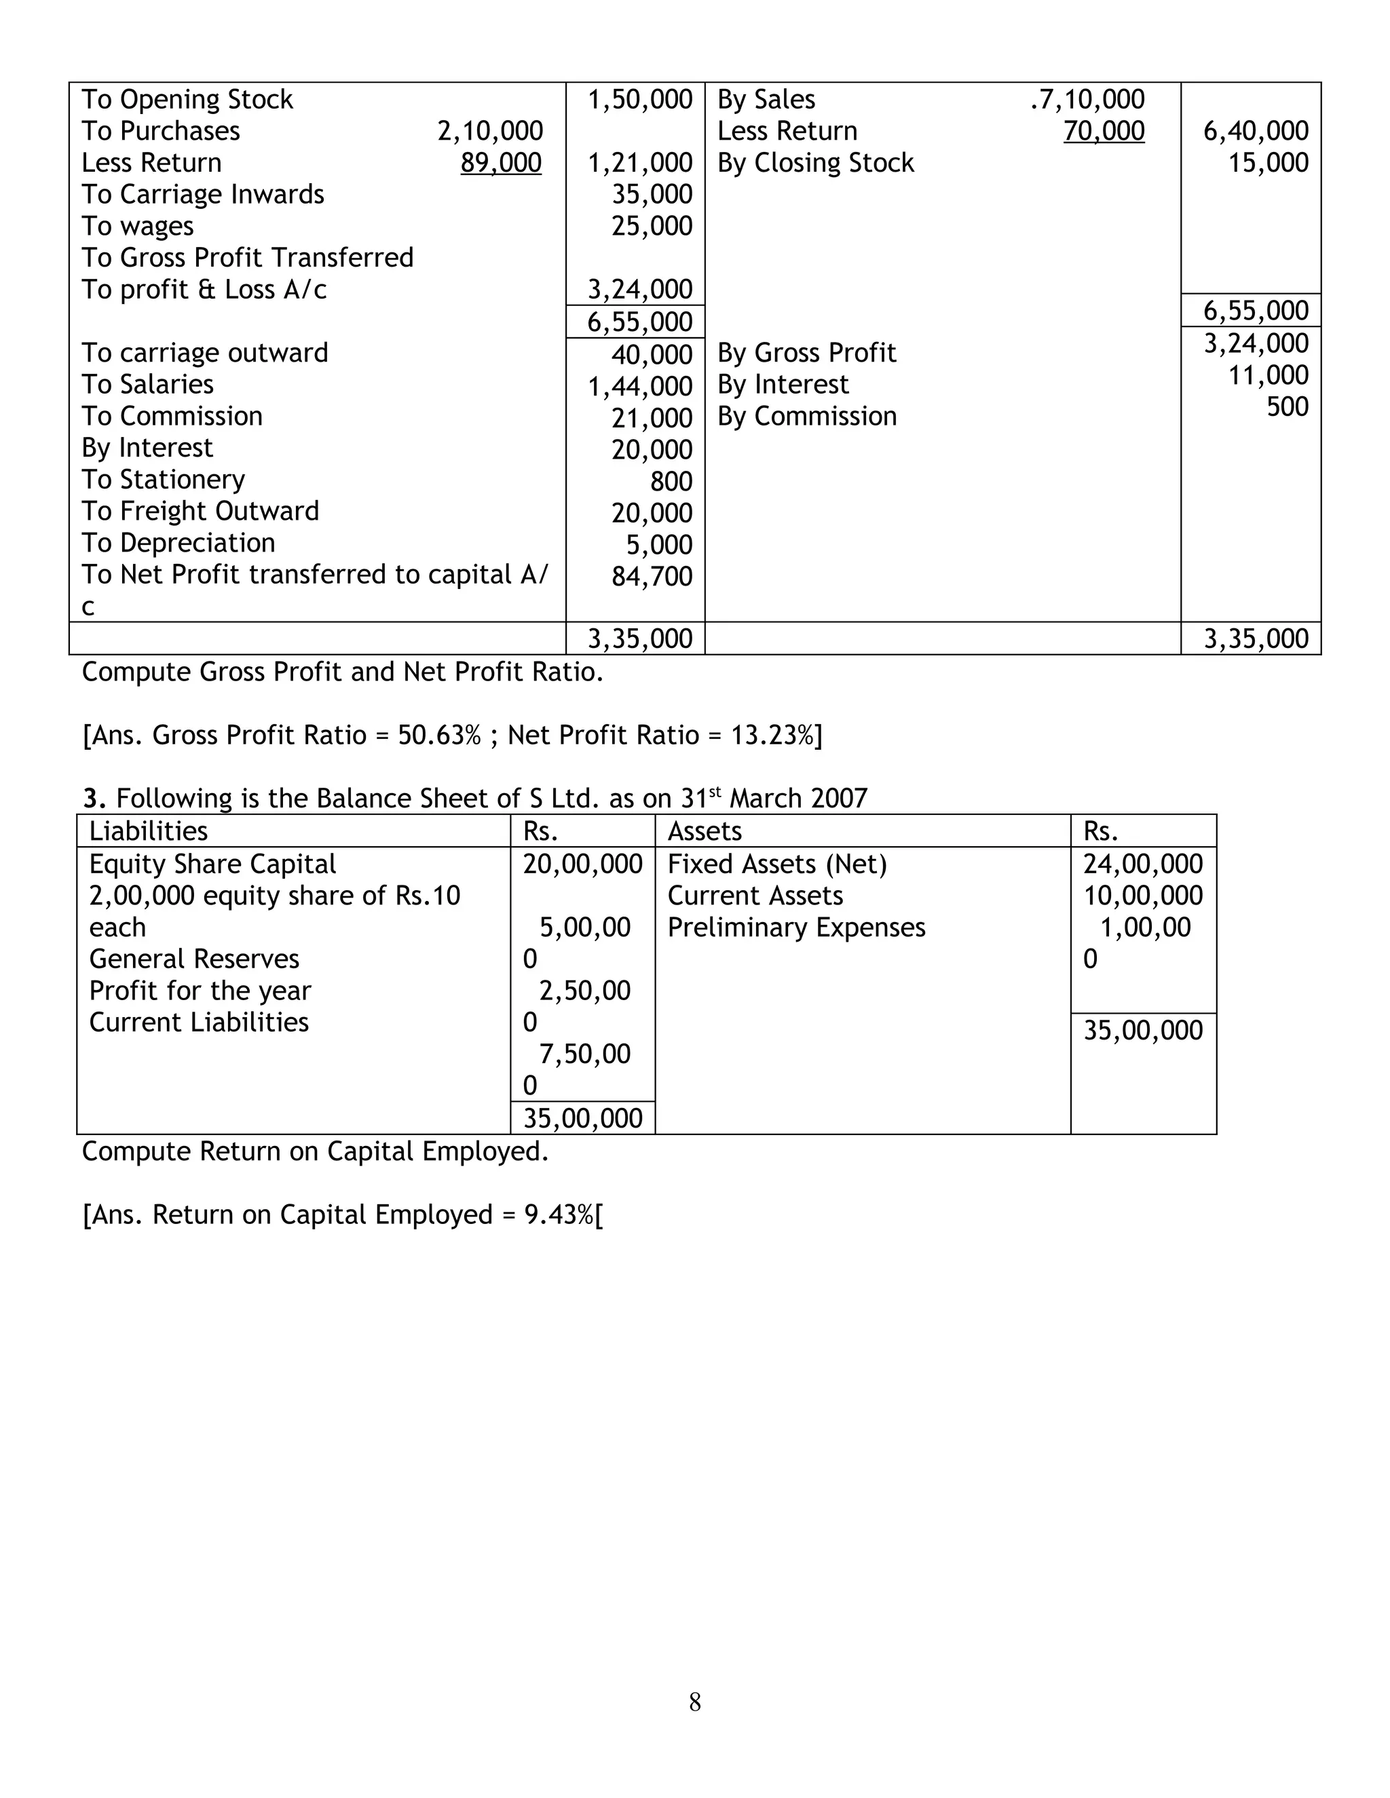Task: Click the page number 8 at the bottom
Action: tap(695, 1702)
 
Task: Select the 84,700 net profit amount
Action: tap(652, 576)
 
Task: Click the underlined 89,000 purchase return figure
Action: tap(501, 163)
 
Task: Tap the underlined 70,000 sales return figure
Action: tap(1104, 131)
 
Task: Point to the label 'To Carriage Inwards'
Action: tap(202, 194)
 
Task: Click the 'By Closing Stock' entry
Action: tap(815, 163)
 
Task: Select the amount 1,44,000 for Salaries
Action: tap(640, 386)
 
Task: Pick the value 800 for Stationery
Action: tap(671, 482)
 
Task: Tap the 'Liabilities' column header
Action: tap(148, 830)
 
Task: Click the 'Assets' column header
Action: tap(704, 830)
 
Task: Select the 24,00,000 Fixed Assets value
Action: tap(1142, 864)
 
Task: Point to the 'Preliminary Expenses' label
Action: tap(796, 927)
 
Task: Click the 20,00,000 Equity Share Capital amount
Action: tap(582, 864)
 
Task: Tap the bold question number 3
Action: tap(94, 799)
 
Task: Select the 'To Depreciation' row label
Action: tap(178, 543)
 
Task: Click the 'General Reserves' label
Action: tap(193, 959)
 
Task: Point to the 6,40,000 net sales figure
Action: tap(1255, 131)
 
